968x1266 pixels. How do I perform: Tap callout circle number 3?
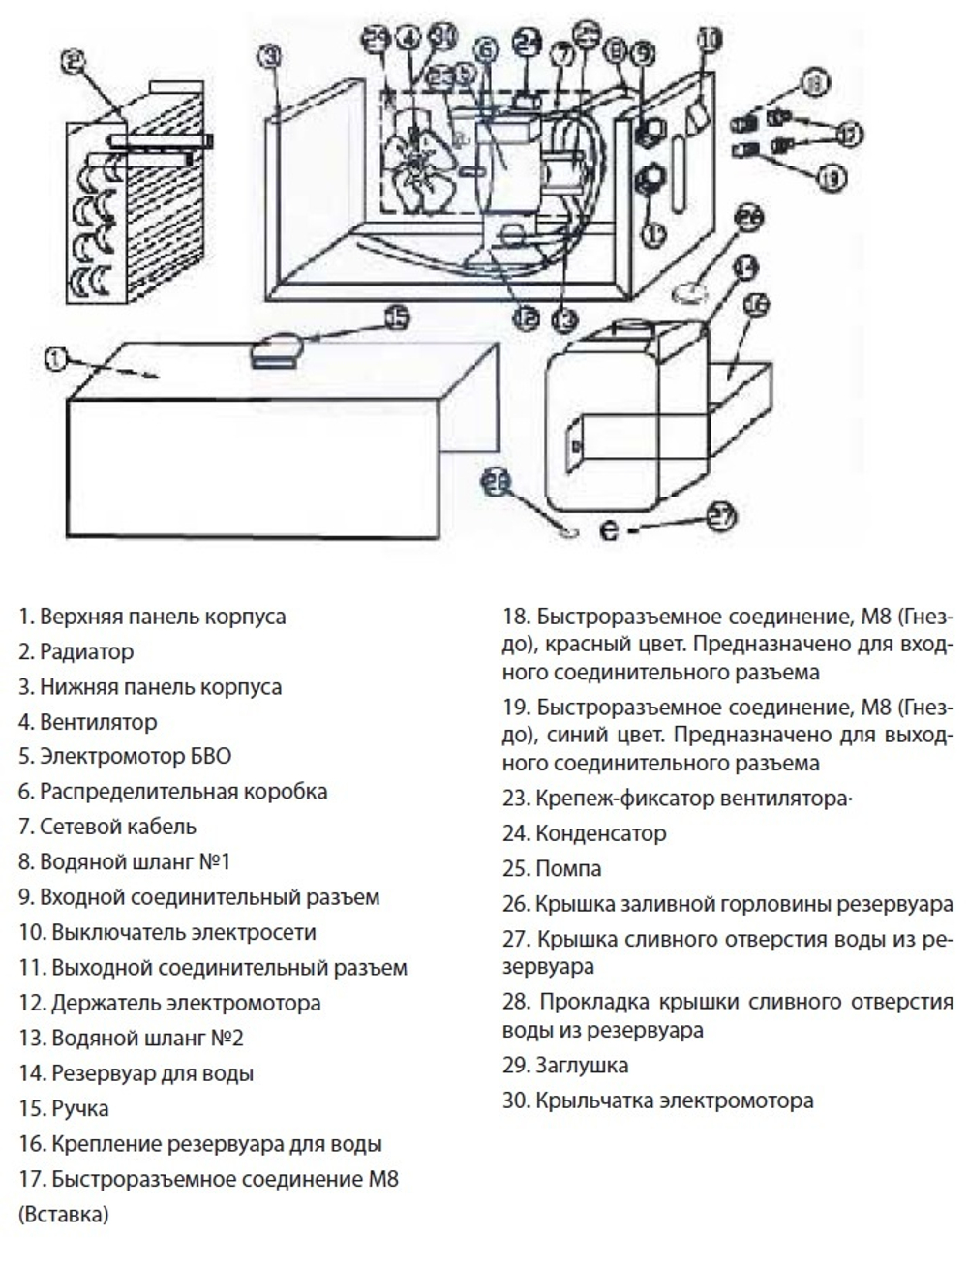pos(272,56)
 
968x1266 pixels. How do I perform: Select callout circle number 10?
pos(710,40)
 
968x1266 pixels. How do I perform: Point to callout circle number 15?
pos(398,316)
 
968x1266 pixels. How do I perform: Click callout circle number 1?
pos(56,359)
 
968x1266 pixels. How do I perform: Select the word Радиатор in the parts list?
pos(86,652)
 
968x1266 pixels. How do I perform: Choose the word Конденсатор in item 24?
pos(600,833)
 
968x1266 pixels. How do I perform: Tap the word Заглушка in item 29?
pos(582,1066)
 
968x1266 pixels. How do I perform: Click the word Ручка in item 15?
pos(79,1108)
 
